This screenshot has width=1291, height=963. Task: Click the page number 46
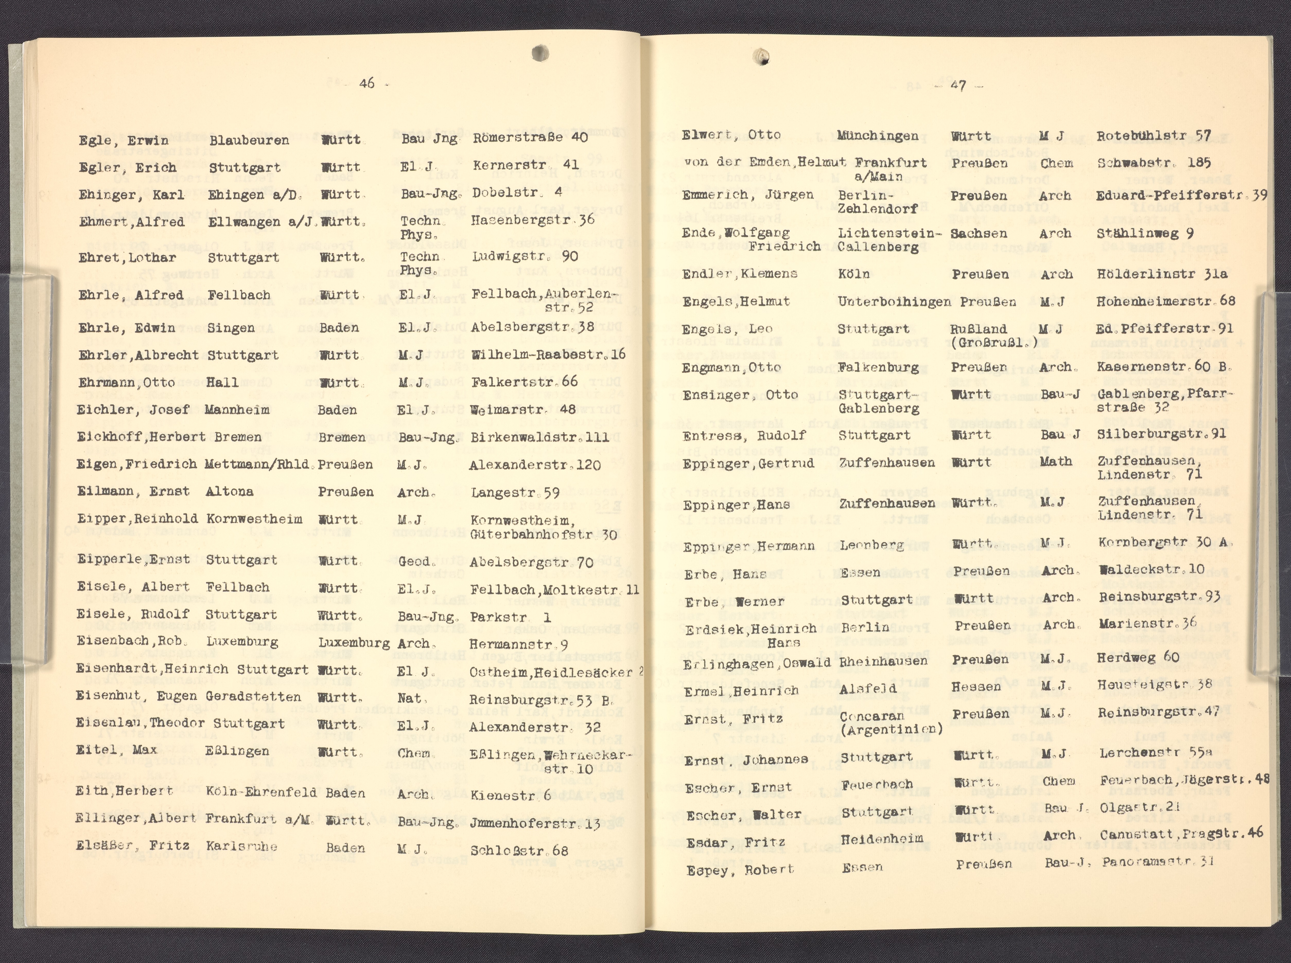[367, 83]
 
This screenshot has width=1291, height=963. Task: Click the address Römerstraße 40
[522, 137]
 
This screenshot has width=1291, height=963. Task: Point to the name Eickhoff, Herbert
[141, 437]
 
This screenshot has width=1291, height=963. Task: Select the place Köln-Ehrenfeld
[261, 792]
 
